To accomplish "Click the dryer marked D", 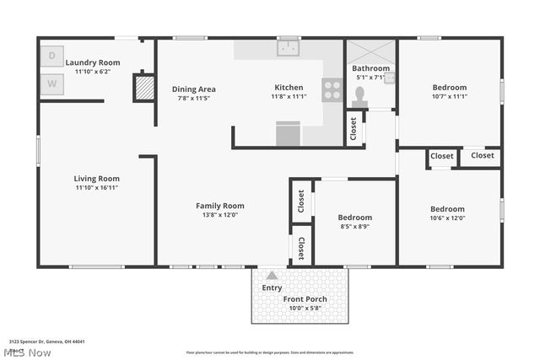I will click(51, 56).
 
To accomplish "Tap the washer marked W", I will click(51, 83).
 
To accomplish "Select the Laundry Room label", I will click(93, 62).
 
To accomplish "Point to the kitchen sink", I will click(289, 48).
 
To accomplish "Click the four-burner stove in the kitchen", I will click(332, 89).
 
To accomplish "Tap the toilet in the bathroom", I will click(360, 96).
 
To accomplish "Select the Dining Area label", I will click(194, 89).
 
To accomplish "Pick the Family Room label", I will click(220, 206).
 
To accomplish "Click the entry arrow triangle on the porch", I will click(272, 276).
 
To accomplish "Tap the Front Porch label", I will click(305, 299).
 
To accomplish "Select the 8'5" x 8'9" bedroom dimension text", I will click(354, 227).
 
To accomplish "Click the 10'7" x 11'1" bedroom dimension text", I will click(450, 96).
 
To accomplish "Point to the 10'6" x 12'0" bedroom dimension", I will click(447, 218).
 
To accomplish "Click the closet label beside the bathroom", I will click(353, 128).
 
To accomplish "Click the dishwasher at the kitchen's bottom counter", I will click(288, 134).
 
